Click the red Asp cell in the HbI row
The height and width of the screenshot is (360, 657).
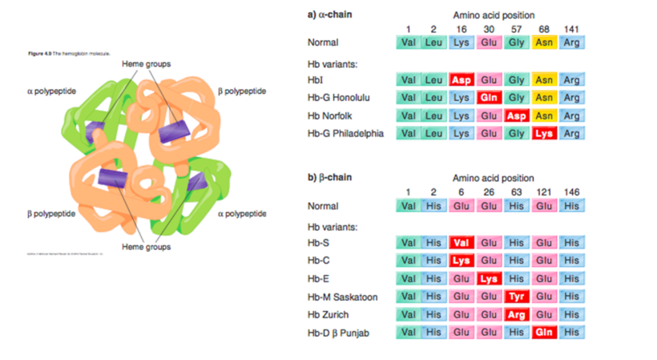click(461, 79)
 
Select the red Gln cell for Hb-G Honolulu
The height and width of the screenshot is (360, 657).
click(489, 97)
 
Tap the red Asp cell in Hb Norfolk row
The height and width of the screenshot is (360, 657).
click(516, 115)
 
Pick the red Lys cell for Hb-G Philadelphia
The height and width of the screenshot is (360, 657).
click(543, 133)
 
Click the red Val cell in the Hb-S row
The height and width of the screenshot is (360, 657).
click(461, 242)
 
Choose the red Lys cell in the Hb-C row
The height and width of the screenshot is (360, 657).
click(461, 260)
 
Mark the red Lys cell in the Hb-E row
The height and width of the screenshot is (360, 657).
click(489, 278)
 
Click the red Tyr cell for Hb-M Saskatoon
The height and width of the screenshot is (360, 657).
click(516, 296)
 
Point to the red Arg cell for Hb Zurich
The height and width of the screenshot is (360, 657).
click(516, 314)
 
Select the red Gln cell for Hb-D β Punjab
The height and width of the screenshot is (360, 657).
click(543, 332)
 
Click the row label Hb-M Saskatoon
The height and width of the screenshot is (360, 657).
click(343, 296)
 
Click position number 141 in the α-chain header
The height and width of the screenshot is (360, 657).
click(571, 29)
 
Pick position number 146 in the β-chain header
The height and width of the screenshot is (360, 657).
click(571, 192)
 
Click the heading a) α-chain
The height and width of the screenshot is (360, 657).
click(331, 14)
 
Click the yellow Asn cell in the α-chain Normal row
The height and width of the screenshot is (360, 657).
click(543, 42)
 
